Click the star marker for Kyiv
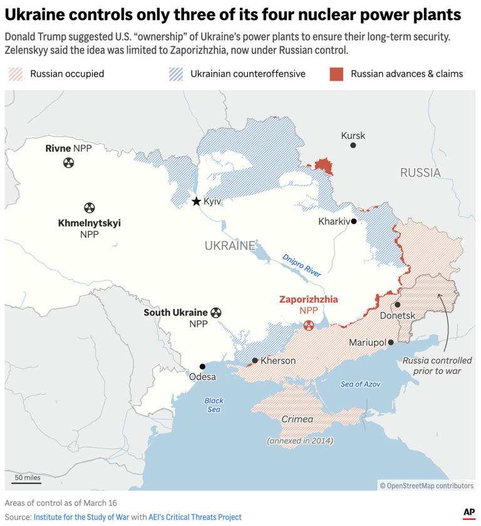click(196, 201)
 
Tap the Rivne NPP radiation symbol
click(68, 163)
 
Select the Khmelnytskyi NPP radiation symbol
click(90, 208)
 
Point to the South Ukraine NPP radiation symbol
click(216, 312)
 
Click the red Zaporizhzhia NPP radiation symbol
click(308, 325)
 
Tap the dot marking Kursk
click(353, 145)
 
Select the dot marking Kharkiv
click(354, 221)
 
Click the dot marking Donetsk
click(398, 305)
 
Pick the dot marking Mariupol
click(391, 343)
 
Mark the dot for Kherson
click(255, 361)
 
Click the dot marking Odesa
click(202, 366)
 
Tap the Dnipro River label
click(301, 266)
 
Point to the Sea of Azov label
click(360, 384)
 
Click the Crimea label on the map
click(297, 419)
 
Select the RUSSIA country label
click(420, 172)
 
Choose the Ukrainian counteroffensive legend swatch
click(176, 74)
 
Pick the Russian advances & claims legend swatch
click(336, 74)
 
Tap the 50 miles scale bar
click(28, 482)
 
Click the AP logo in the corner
click(468, 512)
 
